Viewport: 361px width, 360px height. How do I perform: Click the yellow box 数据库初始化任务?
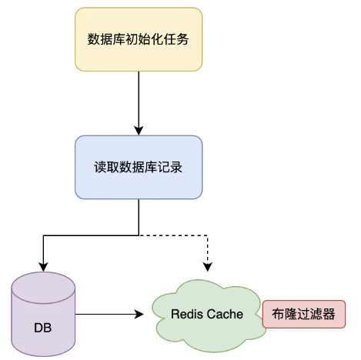click(x=139, y=38)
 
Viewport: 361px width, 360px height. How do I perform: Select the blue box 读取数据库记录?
click(x=139, y=167)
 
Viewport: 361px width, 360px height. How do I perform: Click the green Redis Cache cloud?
click(x=206, y=315)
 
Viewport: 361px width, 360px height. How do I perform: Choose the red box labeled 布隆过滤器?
click(x=304, y=315)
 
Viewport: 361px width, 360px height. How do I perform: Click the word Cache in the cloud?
click(x=226, y=315)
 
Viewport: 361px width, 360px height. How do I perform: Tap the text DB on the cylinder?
click(x=44, y=328)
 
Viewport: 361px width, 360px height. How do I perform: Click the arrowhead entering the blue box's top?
click(x=139, y=130)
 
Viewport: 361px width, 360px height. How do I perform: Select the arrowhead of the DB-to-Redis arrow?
click(x=140, y=315)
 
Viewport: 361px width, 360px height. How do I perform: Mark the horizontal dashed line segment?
click(x=173, y=234)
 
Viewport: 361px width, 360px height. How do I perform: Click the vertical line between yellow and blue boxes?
click(x=139, y=100)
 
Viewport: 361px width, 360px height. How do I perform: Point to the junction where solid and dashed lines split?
click(x=139, y=234)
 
